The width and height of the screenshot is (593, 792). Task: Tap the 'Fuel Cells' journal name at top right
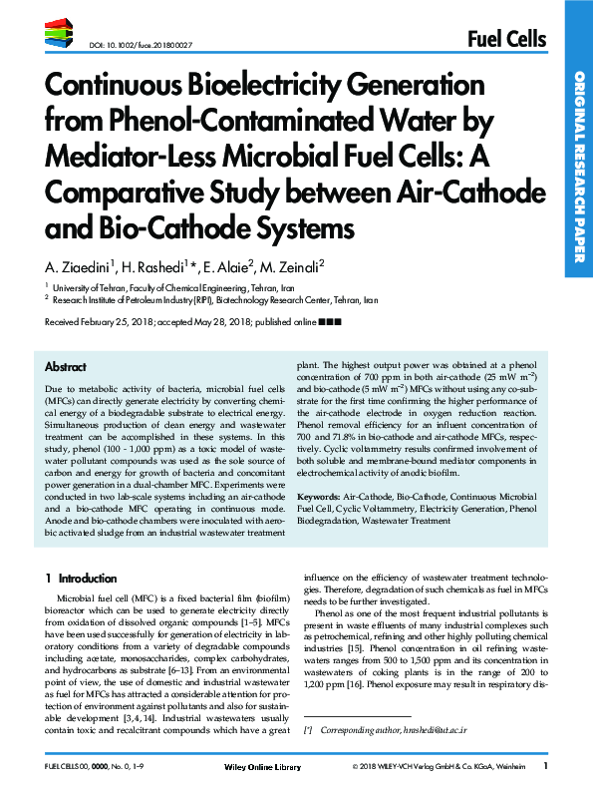[x=506, y=39]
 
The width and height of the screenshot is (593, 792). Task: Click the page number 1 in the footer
[x=545, y=766]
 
